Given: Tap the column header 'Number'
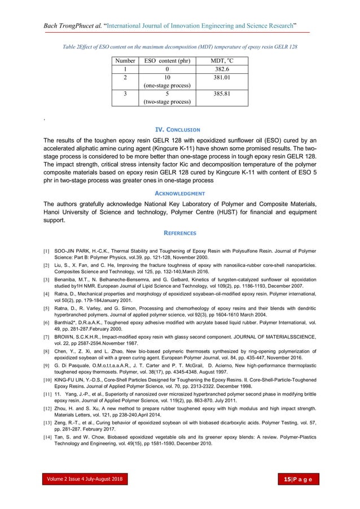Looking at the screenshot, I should pos(125,60).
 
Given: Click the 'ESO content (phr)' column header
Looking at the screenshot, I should pos(167,60).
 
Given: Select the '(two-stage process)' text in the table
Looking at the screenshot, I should pos(167,102).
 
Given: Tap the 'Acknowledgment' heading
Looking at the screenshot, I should pos(179,193).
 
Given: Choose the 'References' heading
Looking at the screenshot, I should pos(179,232).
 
